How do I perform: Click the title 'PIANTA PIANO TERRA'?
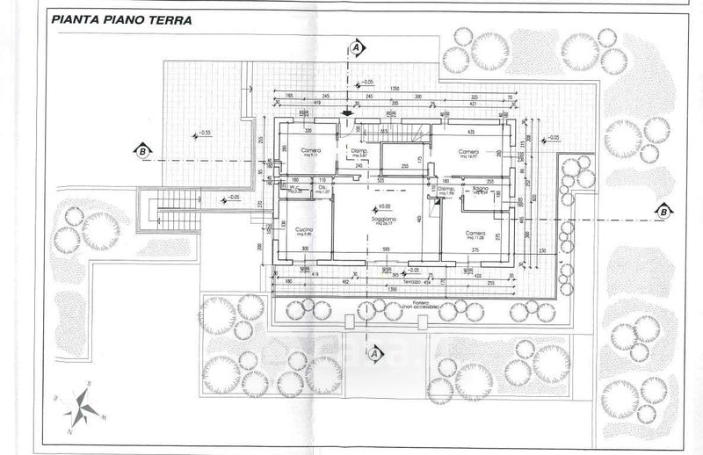(x=122, y=18)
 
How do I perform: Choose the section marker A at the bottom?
(x=373, y=352)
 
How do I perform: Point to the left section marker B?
(x=140, y=150)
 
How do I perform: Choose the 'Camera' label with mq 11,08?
(x=475, y=233)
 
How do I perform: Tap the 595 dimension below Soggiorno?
(x=385, y=249)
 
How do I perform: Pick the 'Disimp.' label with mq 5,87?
(x=359, y=151)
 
